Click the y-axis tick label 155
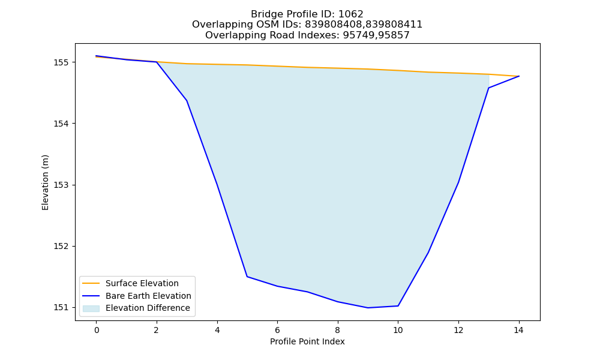pos(61,62)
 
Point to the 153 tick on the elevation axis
pos(61,185)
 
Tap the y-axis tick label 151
pos(61,308)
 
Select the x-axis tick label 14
pos(518,330)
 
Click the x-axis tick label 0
pos(97,330)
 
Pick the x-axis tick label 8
pos(337,330)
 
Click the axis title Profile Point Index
pos(307,341)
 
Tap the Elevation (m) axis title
pos(45,182)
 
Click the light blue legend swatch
pos(91,308)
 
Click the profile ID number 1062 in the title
pos(350,14)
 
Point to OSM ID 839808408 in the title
pos(333,25)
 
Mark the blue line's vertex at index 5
pos(247,277)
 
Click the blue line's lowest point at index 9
pos(368,308)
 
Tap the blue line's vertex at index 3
pos(187,101)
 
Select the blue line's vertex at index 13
pos(488,88)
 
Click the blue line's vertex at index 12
pos(458,182)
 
